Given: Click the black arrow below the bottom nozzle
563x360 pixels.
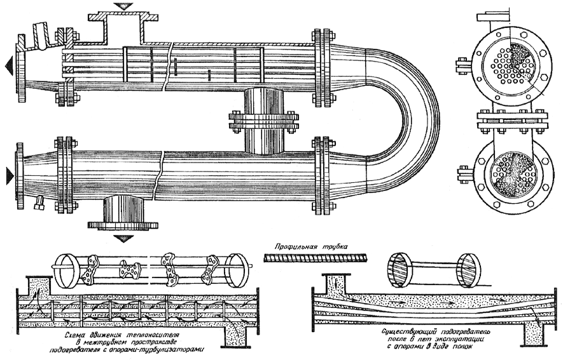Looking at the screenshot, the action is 123,239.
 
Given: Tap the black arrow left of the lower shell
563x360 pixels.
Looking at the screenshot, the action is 10,176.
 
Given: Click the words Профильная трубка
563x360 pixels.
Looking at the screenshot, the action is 311,247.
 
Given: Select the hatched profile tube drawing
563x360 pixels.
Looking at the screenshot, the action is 316,257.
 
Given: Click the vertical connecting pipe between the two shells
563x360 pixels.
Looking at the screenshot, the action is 264,121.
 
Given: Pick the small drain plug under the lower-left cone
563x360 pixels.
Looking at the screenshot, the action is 38,203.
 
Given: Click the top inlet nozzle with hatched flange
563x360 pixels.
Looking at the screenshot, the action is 123,27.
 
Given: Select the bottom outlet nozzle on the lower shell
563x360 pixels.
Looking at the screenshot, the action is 123,212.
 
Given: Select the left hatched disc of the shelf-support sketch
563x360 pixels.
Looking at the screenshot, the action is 398,270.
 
